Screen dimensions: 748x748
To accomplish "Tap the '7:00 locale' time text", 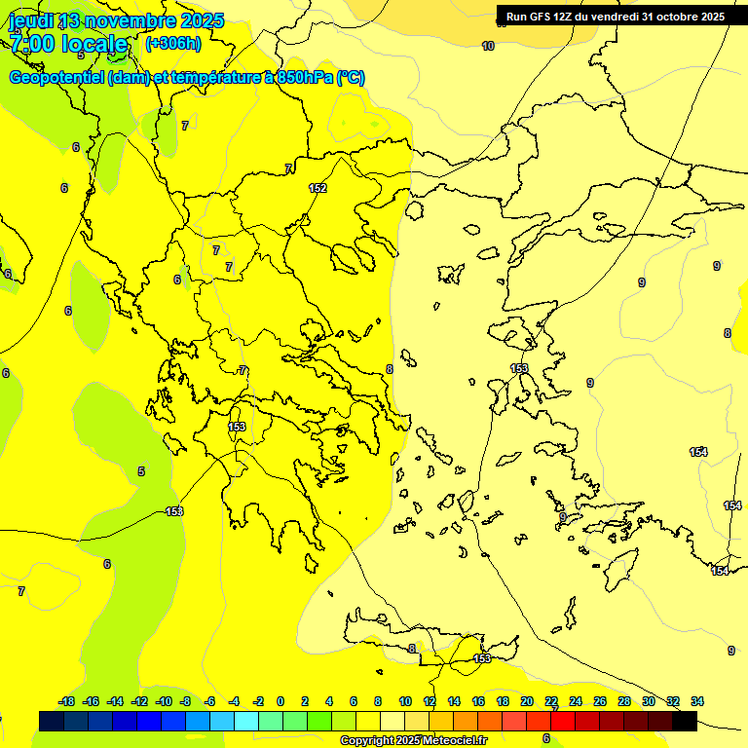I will pos(68,44).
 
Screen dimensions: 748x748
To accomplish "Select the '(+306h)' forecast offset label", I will pos(172,44).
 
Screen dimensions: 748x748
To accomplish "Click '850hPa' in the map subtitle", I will pos(303,78).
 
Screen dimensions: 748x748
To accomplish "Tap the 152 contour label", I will pos(318,188).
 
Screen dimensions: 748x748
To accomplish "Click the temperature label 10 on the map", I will pos(488,46).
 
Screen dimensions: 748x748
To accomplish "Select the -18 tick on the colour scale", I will pos(66,701).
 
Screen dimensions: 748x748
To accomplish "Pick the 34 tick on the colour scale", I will pos(697,701).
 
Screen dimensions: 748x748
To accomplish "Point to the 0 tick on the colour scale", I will pos(280,701).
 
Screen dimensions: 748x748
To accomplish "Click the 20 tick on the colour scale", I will pos(527,701).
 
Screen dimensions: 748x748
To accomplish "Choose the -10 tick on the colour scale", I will pos(164,701).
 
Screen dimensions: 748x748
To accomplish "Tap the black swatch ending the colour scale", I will pos(685,721).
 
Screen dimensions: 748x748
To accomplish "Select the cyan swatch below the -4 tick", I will pos(246,721).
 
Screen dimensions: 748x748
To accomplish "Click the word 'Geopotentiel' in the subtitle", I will pos(56,78).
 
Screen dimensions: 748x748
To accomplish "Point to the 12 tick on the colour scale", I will pos(430,701).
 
